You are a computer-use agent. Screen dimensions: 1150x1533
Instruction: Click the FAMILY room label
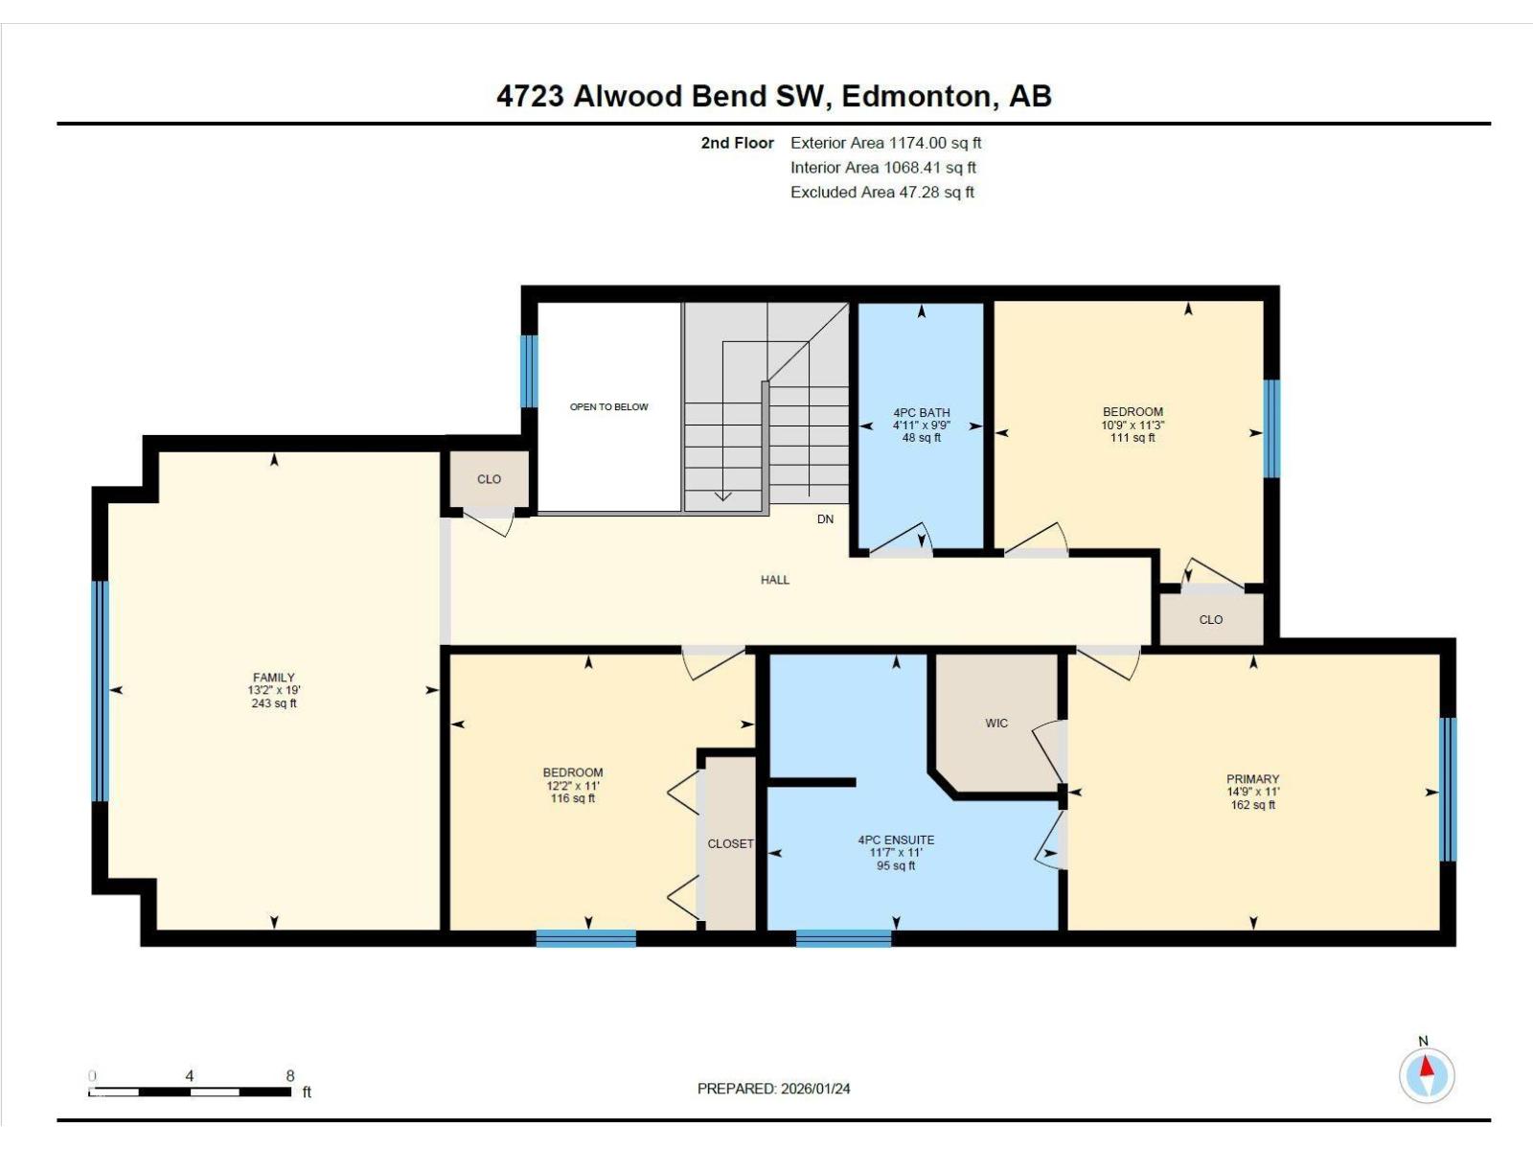(x=273, y=678)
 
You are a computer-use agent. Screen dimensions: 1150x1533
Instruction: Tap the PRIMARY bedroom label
(x=1252, y=779)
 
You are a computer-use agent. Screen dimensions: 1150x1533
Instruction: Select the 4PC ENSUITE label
(x=896, y=840)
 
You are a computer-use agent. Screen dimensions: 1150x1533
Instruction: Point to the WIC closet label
(x=996, y=724)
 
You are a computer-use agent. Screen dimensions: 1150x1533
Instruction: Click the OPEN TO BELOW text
(x=609, y=407)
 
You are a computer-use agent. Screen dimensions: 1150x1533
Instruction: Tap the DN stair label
(x=825, y=519)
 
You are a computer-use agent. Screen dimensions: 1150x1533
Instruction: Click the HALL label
(x=775, y=580)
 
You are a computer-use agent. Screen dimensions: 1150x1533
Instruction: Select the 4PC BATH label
(x=921, y=413)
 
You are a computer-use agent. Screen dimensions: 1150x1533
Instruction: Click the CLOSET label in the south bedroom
(x=730, y=844)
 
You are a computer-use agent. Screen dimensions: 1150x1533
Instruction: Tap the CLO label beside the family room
(x=489, y=479)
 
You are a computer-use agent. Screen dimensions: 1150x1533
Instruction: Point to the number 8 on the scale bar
(x=290, y=1076)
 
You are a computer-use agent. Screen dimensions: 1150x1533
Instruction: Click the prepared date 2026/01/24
(x=815, y=1089)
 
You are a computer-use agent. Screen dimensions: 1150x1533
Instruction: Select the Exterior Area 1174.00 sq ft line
(x=885, y=143)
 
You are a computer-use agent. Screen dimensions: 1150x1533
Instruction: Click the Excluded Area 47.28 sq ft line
(x=881, y=193)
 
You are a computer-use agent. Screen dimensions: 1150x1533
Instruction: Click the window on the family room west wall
(x=100, y=690)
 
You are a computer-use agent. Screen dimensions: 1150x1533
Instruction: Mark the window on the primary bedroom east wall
(x=1449, y=790)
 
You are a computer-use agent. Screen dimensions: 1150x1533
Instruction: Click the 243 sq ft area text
(x=273, y=703)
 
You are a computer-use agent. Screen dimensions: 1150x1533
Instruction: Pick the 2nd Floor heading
(x=737, y=143)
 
